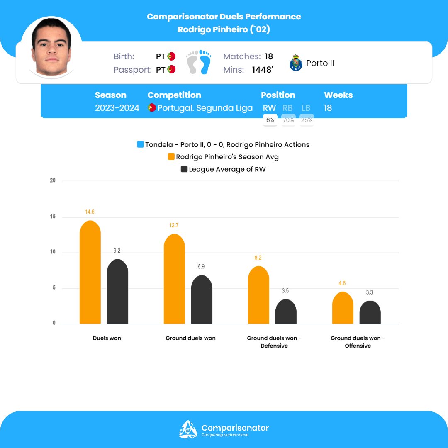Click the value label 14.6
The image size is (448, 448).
coord(90,212)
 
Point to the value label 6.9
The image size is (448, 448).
coord(202,267)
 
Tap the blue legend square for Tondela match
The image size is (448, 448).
coord(140,145)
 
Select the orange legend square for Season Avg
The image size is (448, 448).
coord(171,157)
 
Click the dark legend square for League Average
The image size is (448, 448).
coord(184,169)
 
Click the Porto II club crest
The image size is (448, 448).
coord(296,63)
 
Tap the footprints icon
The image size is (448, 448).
coord(199,62)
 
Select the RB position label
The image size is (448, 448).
coord(287,108)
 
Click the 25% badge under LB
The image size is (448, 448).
coord(307,120)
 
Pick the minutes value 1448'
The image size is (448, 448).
coord(262,70)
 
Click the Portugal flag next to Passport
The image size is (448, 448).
coord(171,70)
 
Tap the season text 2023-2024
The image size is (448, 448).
coord(117,108)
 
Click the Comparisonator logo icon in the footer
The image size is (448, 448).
coord(188,429)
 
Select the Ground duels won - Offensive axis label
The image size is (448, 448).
coord(358,342)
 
